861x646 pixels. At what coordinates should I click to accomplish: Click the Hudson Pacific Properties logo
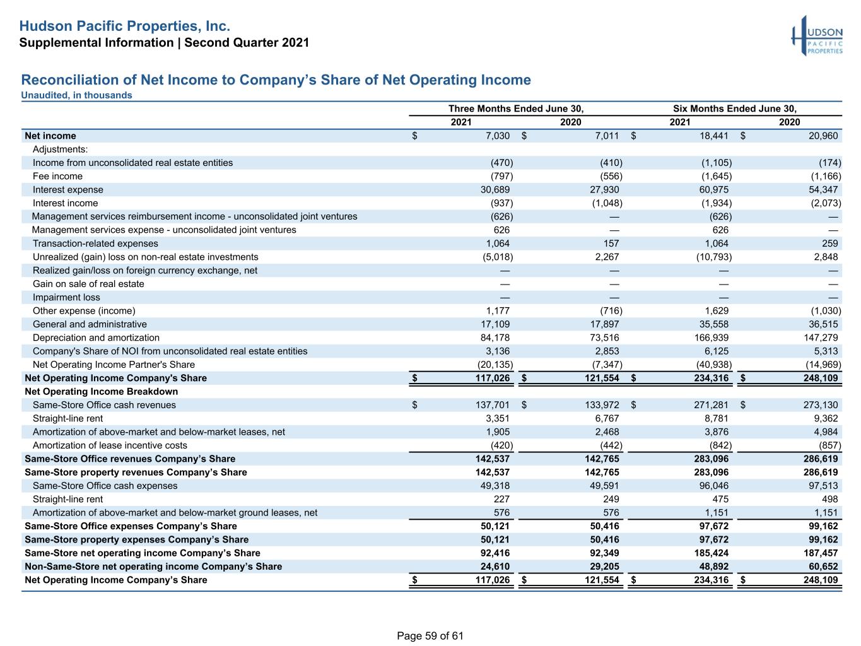[817, 36]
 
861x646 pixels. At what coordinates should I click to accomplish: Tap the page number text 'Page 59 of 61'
[430, 635]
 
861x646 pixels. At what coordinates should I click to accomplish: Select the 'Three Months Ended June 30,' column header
[516, 109]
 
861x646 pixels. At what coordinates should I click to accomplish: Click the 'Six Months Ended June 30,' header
[734, 109]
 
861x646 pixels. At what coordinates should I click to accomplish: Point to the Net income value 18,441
[714, 136]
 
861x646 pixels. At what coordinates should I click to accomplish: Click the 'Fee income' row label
[57, 176]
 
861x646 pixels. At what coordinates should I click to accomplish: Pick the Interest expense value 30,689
[495, 189]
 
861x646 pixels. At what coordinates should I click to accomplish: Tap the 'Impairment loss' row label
[66, 297]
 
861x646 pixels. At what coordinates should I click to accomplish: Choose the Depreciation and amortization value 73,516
[604, 338]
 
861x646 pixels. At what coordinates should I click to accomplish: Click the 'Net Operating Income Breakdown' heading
[101, 391]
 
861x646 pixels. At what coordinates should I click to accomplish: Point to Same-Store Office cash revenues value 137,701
[493, 405]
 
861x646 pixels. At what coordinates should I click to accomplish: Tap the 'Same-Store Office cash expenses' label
[105, 486]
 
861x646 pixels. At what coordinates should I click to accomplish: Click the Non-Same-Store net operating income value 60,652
[823, 567]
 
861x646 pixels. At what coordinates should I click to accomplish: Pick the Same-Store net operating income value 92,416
[495, 553]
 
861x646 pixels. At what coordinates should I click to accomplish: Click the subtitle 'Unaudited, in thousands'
[76, 95]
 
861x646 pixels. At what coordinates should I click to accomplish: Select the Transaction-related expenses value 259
[830, 243]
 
